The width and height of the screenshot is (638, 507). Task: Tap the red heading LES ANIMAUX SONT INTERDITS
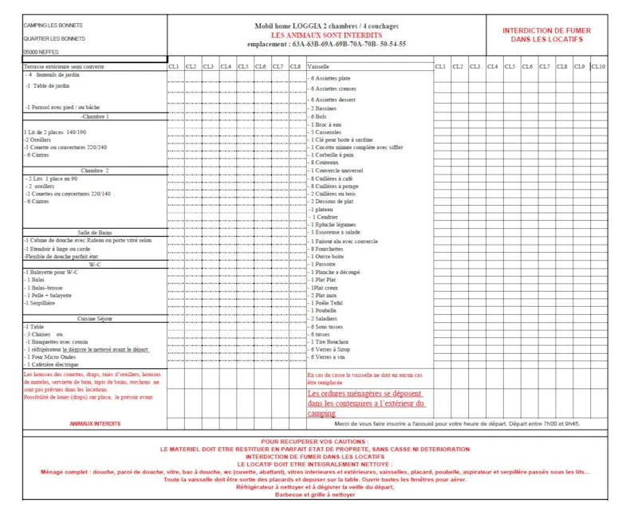coord(326,36)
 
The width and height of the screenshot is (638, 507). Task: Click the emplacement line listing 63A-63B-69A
coord(326,45)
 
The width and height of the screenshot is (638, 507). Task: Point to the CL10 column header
coord(598,66)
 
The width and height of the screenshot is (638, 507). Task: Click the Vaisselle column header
coord(318,66)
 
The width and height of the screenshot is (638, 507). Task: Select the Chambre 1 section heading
coord(95,116)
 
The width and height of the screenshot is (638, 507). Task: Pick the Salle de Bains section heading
coord(95,233)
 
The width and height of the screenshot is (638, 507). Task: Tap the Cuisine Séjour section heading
coord(95,318)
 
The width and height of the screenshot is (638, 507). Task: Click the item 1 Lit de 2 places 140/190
coord(55,132)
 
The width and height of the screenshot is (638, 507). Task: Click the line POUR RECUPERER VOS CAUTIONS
coord(315,441)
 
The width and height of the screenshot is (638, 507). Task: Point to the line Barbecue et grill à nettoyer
coord(315,494)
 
